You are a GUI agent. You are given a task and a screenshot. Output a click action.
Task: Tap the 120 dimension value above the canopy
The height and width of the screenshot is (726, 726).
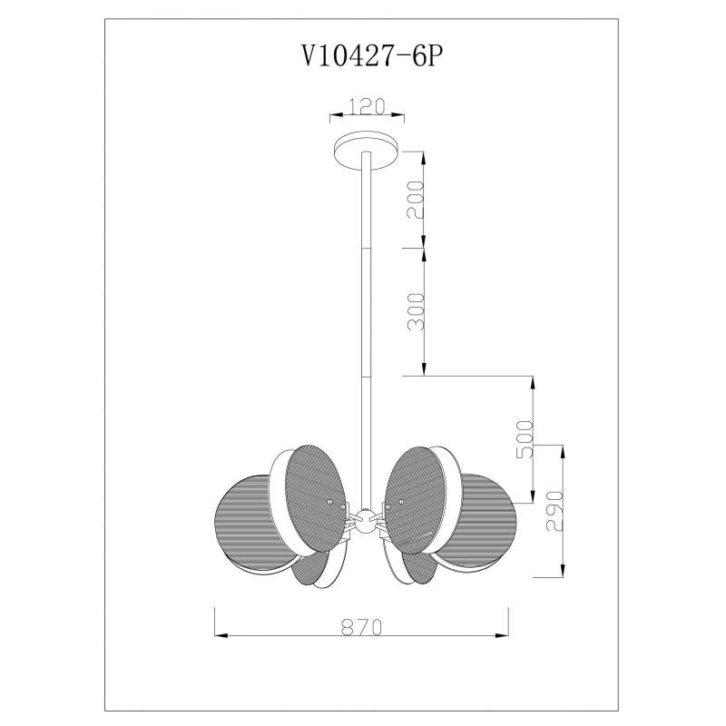(x=367, y=106)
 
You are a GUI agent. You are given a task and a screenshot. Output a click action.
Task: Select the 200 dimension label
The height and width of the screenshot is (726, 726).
(x=415, y=200)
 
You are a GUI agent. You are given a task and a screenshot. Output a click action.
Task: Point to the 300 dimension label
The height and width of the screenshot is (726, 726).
(x=415, y=311)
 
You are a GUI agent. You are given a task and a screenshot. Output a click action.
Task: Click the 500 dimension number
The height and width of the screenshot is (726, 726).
(x=525, y=439)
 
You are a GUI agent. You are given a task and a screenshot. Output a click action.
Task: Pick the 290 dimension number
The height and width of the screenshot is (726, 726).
(x=555, y=511)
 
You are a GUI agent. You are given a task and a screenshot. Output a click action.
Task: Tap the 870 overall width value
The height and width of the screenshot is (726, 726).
(x=362, y=627)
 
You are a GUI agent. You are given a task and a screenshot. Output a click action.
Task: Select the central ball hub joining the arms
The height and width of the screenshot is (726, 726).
(x=366, y=521)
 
